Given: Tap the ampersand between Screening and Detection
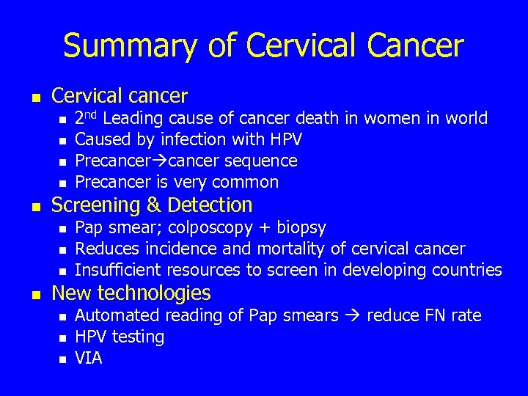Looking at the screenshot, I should pos(148,205).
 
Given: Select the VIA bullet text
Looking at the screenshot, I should pos(89,358).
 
